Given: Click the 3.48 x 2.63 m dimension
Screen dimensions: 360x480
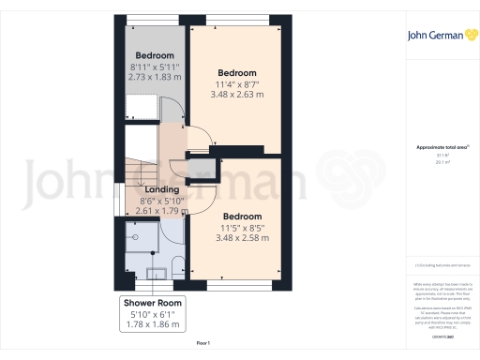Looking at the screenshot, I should (x=237, y=95).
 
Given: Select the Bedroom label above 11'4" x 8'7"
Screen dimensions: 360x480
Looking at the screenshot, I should (x=237, y=72).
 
